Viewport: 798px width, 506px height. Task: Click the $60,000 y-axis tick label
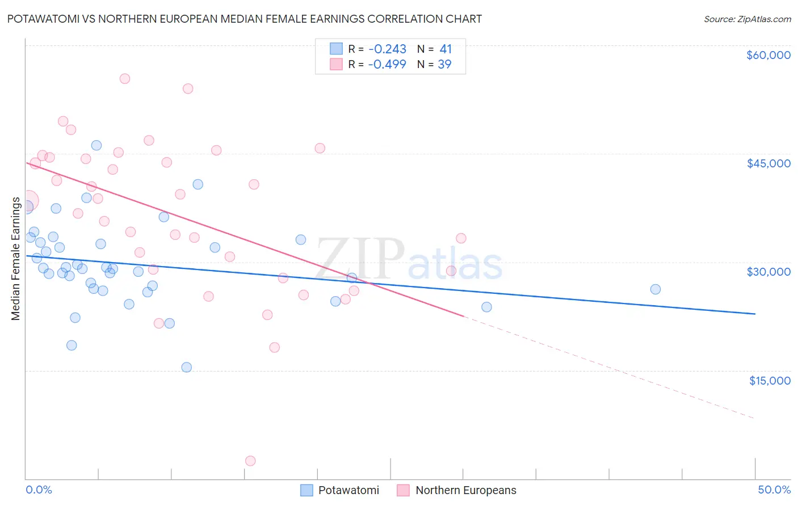pyautogui.click(x=768, y=55)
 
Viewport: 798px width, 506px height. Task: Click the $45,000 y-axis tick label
pyautogui.click(x=768, y=163)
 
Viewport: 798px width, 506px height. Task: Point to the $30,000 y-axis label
pyautogui.click(x=768, y=272)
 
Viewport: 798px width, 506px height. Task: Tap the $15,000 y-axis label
pyautogui.click(x=770, y=381)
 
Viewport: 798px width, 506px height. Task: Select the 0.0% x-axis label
pyautogui.click(x=39, y=490)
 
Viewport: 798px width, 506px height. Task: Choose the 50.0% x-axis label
pyautogui.click(x=774, y=490)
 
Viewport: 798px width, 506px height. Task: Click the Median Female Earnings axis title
pyautogui.click(x=16, y=259)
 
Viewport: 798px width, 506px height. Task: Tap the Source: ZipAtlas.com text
pyautogui.click(x=747, y=19)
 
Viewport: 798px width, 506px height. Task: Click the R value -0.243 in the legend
pyautogui.click(x=387, y=49)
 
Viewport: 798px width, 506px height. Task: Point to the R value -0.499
pyautogui.click(x=387, y=65)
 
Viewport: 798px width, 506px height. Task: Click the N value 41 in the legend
pyautogui.click(x=446, y=49)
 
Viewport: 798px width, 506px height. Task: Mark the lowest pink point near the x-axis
pyautogui.click(x=250, y=461)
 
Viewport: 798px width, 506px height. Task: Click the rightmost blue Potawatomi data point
pyautogui.click(x=656, y=289)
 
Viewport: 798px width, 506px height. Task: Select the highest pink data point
pyautogui.click(x=125, y=79)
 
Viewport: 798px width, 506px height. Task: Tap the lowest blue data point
pyautogui.click(x=187, y=367)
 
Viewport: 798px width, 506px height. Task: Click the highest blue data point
pyautogui.click(x=96, y=145)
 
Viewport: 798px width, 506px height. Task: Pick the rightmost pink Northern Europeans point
pyautogui.click(x=461, y=238)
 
